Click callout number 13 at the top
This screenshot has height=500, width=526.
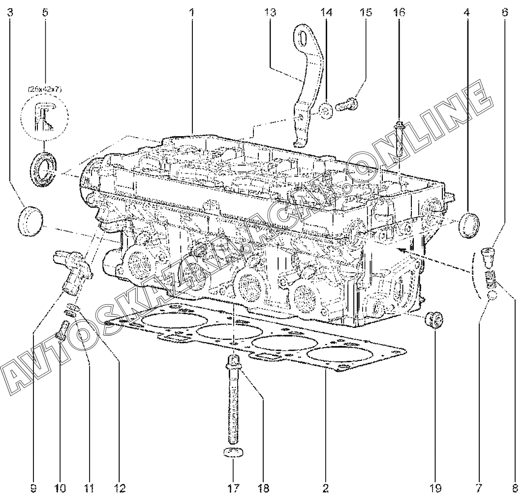tap(270, 13)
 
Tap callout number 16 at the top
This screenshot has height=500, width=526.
tap(399, 13)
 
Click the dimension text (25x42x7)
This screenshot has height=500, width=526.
tap(45, 89)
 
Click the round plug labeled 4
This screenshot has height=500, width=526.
tap(468, 225)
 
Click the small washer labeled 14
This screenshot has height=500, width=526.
tap(325, 111)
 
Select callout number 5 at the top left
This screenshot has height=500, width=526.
tap(45, 13)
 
